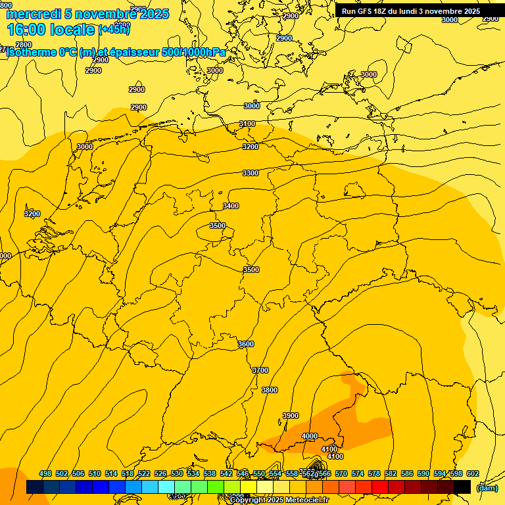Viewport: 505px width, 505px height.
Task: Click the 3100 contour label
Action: tap(247, 124)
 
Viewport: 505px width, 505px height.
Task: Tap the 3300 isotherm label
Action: tap(251, 173)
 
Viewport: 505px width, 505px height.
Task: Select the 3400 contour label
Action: tap(231, 206)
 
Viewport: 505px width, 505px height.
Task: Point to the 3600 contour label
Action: tap(246, 344)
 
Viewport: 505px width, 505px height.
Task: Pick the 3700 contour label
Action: tap(260, 370)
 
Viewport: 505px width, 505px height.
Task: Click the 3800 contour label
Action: tap(270, 390)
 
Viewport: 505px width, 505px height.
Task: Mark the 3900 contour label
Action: tap(291, 416)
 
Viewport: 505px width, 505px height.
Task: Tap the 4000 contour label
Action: tap(310, 436)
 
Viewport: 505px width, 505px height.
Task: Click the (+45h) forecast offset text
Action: tap(114, 29)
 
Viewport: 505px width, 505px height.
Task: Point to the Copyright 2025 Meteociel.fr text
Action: tap(279, 500)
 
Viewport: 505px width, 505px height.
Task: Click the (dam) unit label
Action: tap(487, 488)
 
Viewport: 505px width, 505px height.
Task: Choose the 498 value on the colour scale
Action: tap(45, 473)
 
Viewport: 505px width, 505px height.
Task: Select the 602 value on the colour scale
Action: tap(473, 473)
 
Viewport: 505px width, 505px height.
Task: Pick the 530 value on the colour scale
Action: tap(177, 473)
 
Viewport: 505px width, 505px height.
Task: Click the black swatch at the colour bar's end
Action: tap(462, 487)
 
